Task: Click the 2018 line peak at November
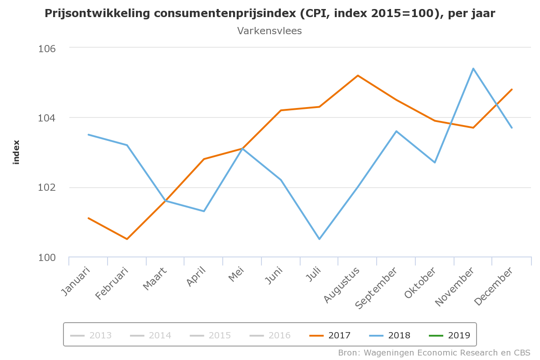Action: click(473, 68)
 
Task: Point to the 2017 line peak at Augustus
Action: click(358, 76)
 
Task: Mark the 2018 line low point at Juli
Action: click(319, 239)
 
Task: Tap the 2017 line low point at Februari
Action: click(127, 239)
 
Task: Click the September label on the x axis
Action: click(376, 288)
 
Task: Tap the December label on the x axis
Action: click(494, 287)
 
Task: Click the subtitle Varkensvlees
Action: click(270, 31)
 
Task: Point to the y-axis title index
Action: click(16, 152)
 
